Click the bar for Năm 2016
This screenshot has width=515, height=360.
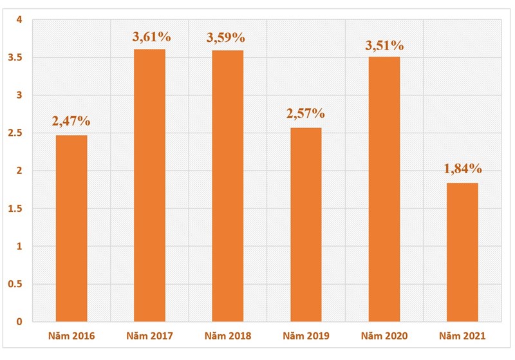pos(71,228)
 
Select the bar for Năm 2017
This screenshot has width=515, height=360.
pos(149,185)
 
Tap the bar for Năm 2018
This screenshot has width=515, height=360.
pos(228,186)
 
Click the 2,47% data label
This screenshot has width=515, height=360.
pos(71,120)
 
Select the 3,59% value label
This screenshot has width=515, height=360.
pos(229,37)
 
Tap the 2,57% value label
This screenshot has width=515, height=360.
pos(306,113)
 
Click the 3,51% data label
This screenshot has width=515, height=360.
pos(384,45)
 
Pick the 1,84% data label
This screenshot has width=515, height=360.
pos(463,169)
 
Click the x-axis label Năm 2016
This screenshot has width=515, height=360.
pos(71,336)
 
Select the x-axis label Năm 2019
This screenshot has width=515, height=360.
pos(306,336)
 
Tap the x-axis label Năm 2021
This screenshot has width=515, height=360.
pos(462,336)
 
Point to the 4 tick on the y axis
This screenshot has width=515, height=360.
pos(20,20)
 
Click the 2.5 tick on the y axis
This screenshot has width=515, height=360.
pos(15,133)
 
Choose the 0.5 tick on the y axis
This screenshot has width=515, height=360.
pos(15,284)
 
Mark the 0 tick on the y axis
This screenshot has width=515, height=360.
pos(20,321)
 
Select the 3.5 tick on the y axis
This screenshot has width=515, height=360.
pos(15,58)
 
